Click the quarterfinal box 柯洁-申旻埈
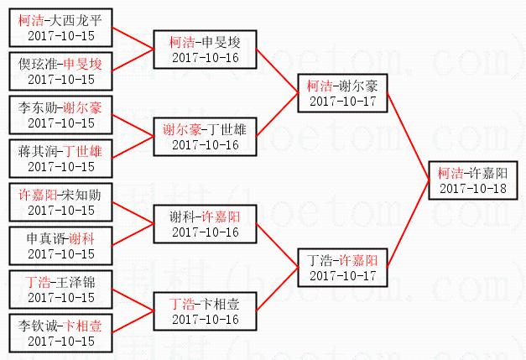pyautogui.click(x=205, y=50)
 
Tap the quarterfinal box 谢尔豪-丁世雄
pyautogui.click(x=205, y=137)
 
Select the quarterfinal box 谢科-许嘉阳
pyautogui.click(x=205, y=224)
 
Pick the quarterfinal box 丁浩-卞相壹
pyautogui.click(x=205, y=311)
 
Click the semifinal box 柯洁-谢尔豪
pyautogui.click(x=341, y=93)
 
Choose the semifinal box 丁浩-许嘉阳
pyautogui.click(x=341, y=268)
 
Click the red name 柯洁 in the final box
pyautogui.click(x=450, y=173)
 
